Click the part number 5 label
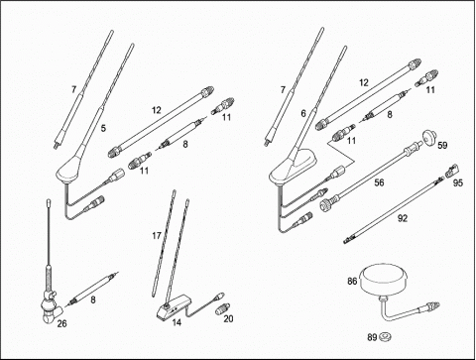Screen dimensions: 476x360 [103, 128]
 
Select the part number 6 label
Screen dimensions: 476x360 [303, 114]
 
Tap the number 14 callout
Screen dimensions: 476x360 [177, 322]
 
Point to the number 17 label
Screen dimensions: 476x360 [157, 236]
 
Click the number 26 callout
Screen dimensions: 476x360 [61, 323]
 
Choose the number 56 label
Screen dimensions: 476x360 [380, 182]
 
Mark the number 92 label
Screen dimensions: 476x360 [403, 218]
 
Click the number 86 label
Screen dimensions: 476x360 [352, 281]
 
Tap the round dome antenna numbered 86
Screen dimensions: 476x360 [384, 279]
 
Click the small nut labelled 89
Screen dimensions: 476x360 [386, 337]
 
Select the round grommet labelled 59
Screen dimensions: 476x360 [429, 138]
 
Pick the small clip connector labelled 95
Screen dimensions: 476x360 [452, 171]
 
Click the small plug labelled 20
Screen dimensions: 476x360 [223, 308]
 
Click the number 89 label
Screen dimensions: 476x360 [372, 337]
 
